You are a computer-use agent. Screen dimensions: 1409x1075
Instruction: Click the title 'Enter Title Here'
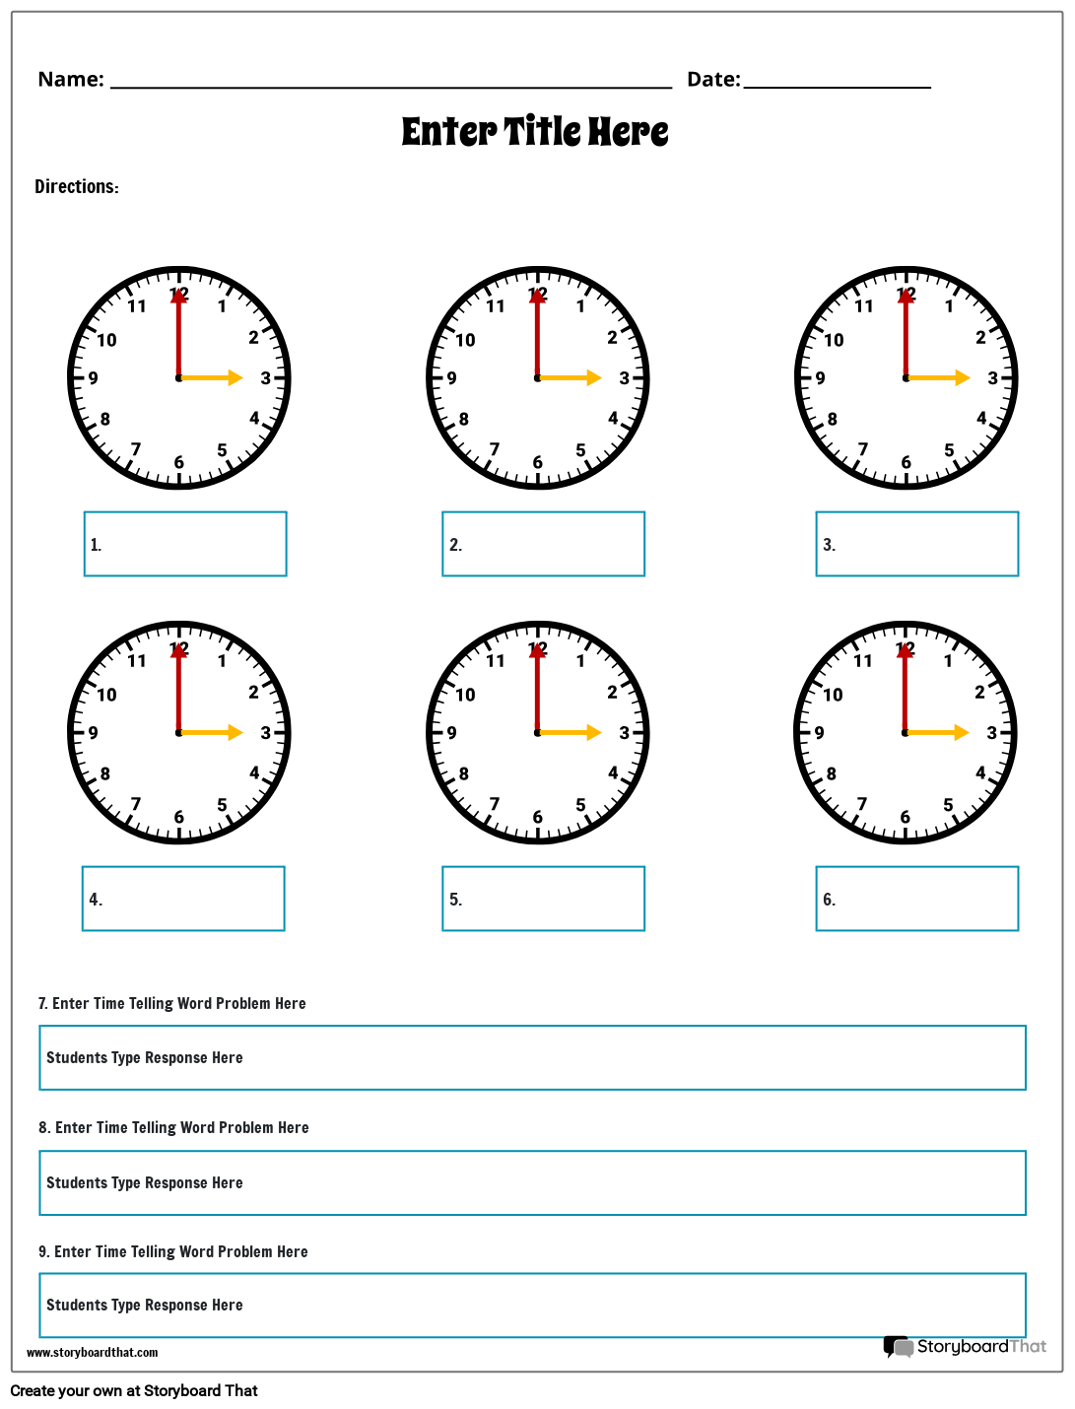(x=535, y=132)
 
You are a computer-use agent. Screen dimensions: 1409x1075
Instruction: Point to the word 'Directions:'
(x=77, y=187)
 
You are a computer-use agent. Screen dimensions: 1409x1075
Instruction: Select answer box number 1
(x=185, y=544)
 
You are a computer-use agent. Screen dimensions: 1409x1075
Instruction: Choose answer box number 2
(x=543, y=544)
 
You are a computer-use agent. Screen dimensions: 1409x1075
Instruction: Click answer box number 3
(x=916, y=544)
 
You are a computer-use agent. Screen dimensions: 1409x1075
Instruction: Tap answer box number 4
(x=183, y=899)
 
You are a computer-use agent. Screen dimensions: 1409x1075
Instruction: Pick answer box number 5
(x=543, y=899)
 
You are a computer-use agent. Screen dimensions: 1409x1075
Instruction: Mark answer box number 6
(x=916, y=899)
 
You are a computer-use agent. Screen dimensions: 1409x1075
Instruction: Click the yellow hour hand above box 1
(x=212, y=377)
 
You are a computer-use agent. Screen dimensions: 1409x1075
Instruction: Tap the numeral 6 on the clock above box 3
(x=906, y=463)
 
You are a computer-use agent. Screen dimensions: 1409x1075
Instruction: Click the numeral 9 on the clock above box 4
(x=94, y=733)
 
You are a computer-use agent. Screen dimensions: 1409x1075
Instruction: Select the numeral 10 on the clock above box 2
(x=465, y=341)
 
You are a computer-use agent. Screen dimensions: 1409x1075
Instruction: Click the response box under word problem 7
(x=532, y=1057)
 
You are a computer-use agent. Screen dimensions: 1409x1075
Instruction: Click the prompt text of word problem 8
(x=174, y=1128)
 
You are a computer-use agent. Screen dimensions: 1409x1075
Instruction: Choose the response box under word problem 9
(x=532, y=1306)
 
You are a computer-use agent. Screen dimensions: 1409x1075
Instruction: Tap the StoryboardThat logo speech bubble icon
(x=898, y=1347)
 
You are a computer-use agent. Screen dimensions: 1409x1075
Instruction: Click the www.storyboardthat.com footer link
(x=93, y=1353)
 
